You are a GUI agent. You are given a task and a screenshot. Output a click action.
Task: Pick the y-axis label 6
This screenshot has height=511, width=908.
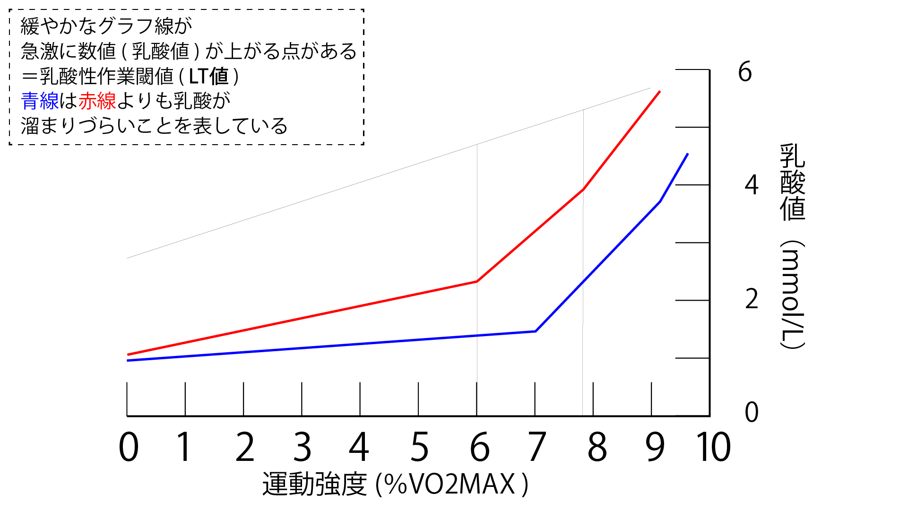[745, 72]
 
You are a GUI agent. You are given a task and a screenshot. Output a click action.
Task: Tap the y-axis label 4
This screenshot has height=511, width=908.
[751, 185]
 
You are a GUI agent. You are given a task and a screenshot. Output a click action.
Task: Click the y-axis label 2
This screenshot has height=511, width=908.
[751, 299]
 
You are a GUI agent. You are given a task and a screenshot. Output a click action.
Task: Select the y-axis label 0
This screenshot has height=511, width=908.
[751, 412]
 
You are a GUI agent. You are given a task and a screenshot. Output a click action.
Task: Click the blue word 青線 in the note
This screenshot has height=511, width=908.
[40, 101]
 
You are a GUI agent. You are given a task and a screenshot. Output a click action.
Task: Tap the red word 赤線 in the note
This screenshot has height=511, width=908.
[97, 101]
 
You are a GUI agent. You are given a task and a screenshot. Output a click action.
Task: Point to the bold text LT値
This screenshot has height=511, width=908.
[208, 76]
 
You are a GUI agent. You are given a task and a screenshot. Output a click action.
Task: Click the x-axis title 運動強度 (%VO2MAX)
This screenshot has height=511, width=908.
[395, 484]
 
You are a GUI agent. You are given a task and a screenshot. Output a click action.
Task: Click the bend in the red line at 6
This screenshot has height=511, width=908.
[477, 281]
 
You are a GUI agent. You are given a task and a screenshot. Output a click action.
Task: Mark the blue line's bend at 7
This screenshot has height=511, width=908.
[535, 331]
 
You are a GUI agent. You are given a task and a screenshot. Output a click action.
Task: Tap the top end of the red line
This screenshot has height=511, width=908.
[660, 91]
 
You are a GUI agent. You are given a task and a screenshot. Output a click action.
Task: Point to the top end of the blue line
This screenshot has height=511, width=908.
[688, 154]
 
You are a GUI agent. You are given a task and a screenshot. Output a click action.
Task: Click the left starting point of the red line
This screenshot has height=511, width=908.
[128, 355]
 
